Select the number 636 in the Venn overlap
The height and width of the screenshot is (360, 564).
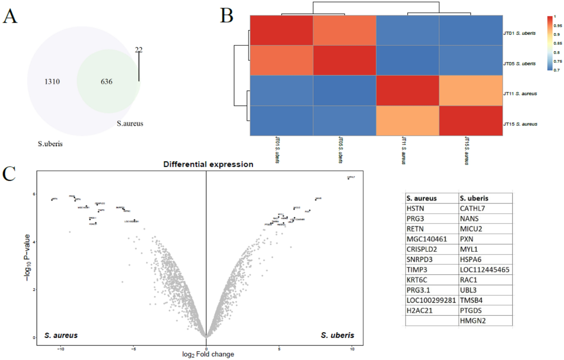109,82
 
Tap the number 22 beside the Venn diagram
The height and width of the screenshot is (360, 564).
139,49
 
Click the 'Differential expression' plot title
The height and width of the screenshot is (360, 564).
208,165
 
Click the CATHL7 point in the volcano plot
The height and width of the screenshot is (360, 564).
348,179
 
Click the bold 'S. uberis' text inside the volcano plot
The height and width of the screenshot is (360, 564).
337,335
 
